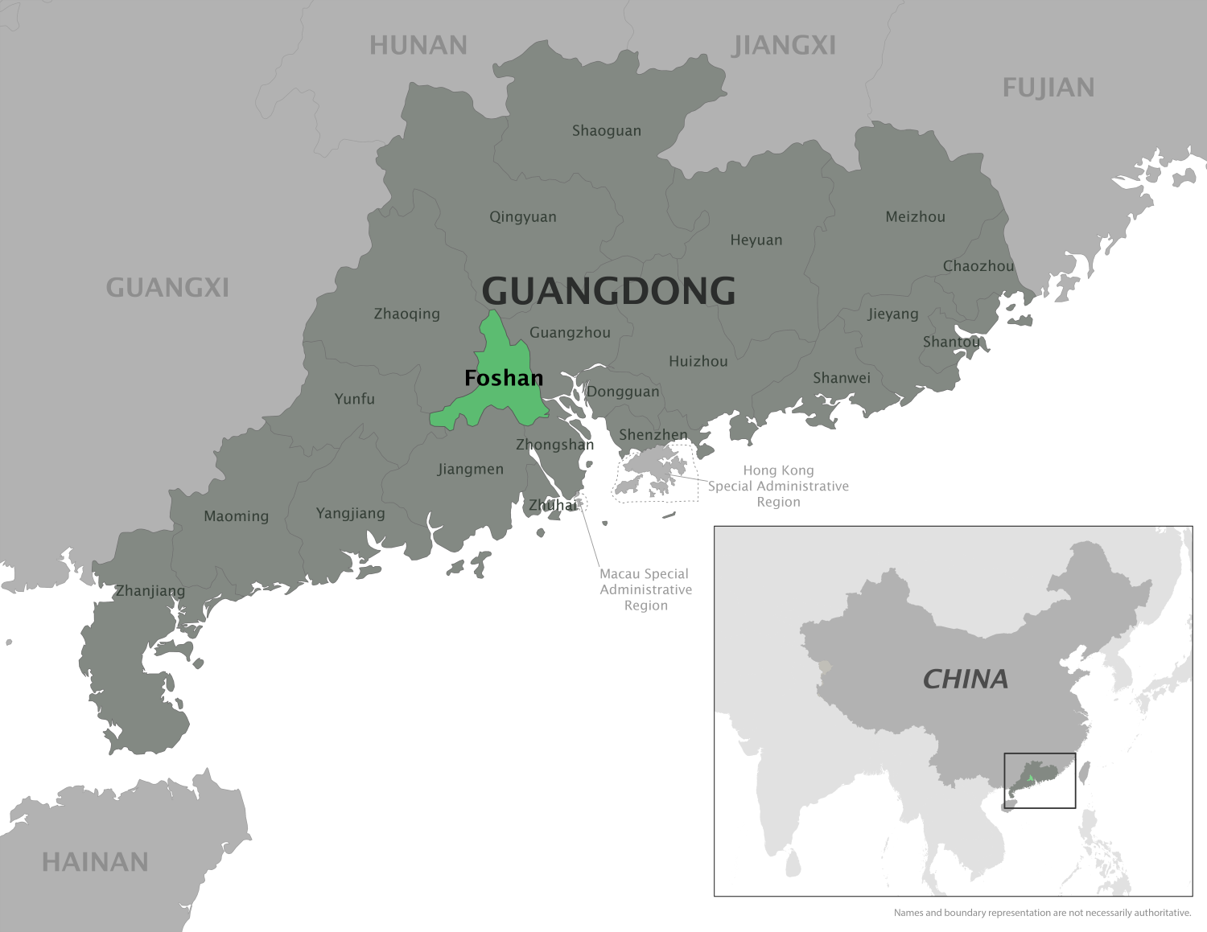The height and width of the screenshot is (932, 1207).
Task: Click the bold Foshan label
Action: (x=504, y=378)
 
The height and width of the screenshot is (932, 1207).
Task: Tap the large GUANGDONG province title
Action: (x=608, y=290)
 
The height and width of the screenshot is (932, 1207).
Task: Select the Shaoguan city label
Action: (x=607, y=130)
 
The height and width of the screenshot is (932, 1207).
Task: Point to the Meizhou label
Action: (x=915, y=216)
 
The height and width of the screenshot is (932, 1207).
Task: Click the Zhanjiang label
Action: (x=150, y=591)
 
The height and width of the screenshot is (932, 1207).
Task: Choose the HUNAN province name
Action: (x=418, y=46)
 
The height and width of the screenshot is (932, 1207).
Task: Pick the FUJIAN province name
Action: (x=1048, y=88)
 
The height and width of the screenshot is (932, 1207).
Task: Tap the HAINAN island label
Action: (x=95, y=862)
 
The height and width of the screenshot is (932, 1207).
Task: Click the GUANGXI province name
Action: (x=167, y=287)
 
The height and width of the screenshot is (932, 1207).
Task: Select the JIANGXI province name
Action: (x=785, y=46)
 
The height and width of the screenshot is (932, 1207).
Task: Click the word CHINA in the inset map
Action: (x=965, y=679)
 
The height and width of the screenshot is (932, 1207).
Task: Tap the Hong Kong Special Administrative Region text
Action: (x=778, y=486)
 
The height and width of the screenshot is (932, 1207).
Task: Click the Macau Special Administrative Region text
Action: (x=645, y=589)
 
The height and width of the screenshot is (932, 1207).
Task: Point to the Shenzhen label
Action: (x=653, y=435)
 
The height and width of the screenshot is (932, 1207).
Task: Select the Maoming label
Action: (x=236, y=516)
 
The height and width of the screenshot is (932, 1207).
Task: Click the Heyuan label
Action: (x=756, y=240)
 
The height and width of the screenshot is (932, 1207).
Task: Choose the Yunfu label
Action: (x=355, y=399)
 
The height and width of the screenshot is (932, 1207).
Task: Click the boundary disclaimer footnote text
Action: (x=1042, y=913)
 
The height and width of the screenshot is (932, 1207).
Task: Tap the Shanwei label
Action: (x=842, y=378)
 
